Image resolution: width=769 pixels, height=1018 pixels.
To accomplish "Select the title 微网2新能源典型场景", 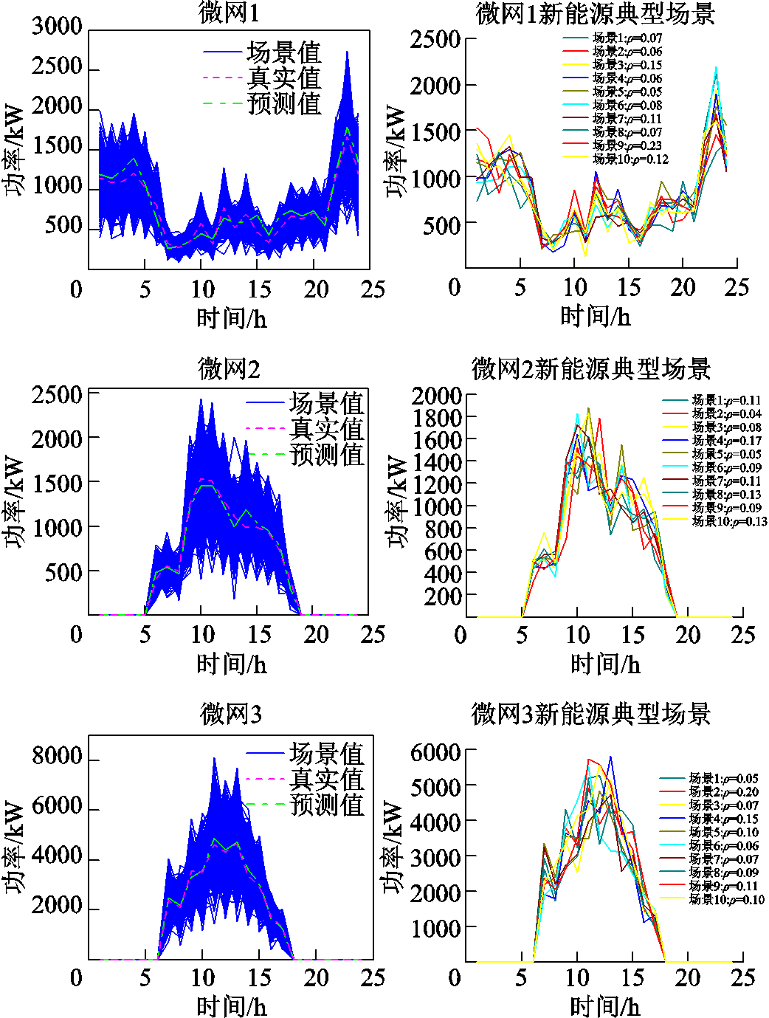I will (590, 369).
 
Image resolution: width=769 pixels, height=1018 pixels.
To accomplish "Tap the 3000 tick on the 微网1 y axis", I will (57, 27).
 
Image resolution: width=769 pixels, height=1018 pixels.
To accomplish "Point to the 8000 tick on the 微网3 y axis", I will (57, 756).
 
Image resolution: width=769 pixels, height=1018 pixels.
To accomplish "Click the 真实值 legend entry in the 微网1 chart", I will (284, 78).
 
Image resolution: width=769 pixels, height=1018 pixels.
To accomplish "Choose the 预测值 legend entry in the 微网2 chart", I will (327, 454).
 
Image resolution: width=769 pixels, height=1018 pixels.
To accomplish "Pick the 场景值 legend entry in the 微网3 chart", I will (327, 754).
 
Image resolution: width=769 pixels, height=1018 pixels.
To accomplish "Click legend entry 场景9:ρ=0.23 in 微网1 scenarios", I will (627, 145).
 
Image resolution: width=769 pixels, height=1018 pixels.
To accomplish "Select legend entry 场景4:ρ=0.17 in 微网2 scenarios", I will (726, 441).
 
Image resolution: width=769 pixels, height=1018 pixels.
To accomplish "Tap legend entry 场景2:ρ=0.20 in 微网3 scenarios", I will (723, 791).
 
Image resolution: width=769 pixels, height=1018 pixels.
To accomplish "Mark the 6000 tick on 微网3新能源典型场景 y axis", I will (435, 752).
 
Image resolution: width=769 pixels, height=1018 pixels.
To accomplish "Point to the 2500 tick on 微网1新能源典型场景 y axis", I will (435, 39).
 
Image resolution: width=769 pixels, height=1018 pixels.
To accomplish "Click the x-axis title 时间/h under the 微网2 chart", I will (231, 664).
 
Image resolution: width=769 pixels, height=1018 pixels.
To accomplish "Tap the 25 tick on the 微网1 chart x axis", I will (373, 289).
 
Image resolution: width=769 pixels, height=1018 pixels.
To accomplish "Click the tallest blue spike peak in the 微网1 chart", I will (347, 52).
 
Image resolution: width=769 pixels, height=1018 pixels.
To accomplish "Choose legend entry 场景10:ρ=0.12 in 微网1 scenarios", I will (630, 159).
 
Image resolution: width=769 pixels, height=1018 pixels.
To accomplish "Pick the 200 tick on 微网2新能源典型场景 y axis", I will (442, 596).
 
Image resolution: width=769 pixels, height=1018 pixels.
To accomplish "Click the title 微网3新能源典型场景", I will (590, 714).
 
